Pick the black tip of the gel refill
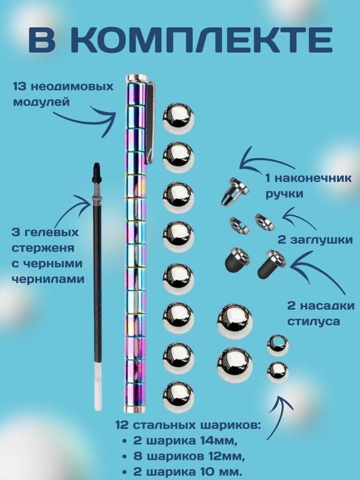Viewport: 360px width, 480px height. coord(96,172)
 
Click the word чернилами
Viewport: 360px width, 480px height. coord(48,279)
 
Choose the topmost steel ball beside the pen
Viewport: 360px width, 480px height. coord(178,118)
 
